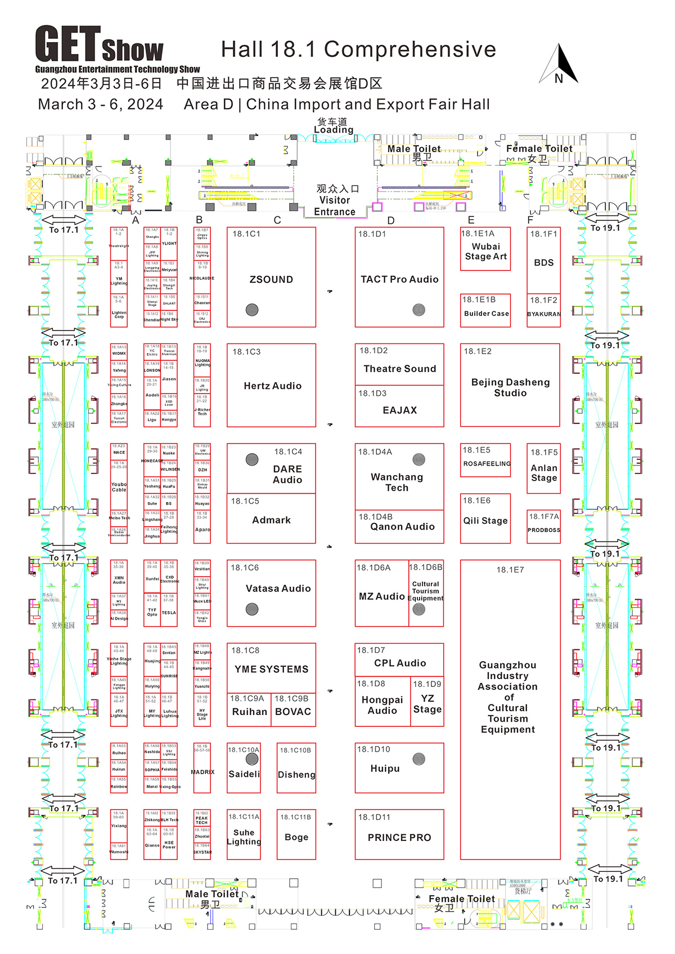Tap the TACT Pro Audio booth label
tap(399, 279)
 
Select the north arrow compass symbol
tap(559, 65)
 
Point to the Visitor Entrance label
tap(335, 201)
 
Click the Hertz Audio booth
tap(272, 386)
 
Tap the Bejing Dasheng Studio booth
tap(510, 387)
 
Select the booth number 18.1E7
tap(510, 570)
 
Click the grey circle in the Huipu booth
tap(419, 759)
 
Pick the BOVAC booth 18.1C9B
tap(293, 711)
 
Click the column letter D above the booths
tap(391, 220)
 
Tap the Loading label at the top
tap(334, 129)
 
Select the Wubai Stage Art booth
tap(485, 251)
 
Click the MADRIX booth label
tap(202, 772)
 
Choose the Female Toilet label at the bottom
tap(462, 899)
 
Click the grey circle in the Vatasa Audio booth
tap(252, 609)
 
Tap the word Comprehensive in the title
tap(410, 49)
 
